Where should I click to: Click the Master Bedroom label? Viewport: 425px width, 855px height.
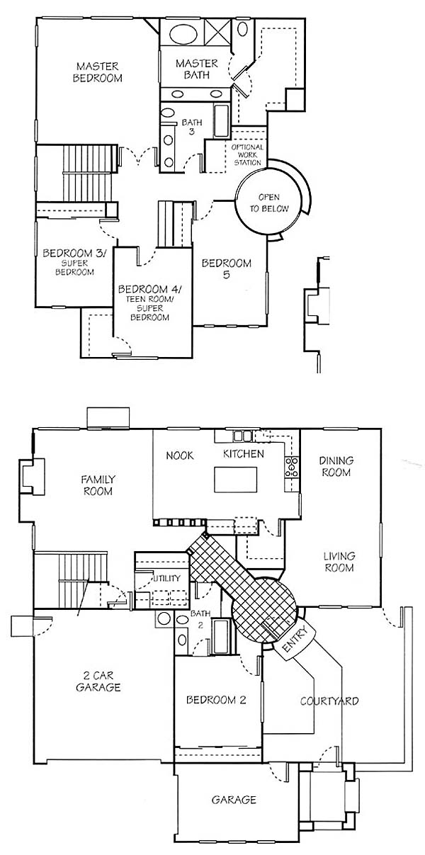click(x=98, y=72)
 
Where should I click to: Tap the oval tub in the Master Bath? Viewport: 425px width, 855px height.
click(x=183, y=34)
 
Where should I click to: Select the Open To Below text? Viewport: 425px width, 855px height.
click(x=269, y=203)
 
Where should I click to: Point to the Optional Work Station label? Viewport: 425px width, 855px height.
click(x=248, y=154)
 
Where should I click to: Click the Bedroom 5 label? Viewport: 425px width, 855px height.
click(x=227, y=268)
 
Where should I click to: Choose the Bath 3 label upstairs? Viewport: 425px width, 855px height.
click(x=192, y=127)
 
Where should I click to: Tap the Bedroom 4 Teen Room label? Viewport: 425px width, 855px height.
click(x=150, y=302)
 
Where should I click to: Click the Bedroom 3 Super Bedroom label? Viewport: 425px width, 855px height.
click(x=74, y=262)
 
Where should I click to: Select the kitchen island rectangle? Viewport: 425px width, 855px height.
click(x=235, y=480)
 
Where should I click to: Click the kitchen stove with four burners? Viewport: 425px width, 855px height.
click(x=291, y=466)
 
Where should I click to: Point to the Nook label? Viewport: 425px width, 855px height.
click(x=180, y=455)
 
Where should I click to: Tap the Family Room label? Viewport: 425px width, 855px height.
click(x=98, y=485)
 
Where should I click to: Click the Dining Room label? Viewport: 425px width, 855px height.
click(x=336, y=466)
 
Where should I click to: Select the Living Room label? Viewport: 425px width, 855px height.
click(x=339, y=562)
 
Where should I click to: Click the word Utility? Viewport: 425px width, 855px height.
click(x=166, y=578)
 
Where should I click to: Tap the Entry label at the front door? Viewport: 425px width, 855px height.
click(x=294, y=637)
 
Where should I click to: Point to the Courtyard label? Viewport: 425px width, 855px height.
click(x=329, y=701)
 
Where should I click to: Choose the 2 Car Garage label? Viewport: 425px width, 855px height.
click(x=98, y=681)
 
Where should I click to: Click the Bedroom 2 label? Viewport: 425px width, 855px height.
click(x=216, y=700)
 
